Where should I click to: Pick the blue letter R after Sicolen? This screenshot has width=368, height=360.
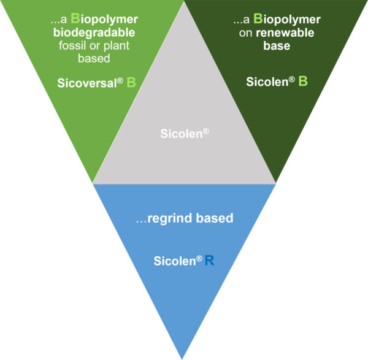210,260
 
